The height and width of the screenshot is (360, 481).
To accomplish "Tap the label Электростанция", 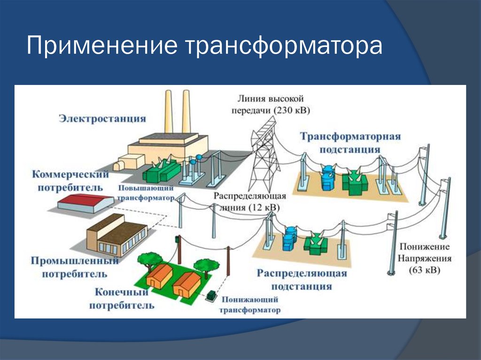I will [102, 118].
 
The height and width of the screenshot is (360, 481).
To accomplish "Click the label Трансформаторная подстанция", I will [350, 143].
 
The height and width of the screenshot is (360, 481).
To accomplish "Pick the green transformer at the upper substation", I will [356, 183].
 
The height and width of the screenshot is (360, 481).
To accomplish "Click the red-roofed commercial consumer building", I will [85, 203].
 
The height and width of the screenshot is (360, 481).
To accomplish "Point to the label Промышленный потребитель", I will [75, 267].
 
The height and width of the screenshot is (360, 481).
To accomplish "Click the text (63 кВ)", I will [425, 270].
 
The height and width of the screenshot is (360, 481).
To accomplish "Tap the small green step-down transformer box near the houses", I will [211, 296].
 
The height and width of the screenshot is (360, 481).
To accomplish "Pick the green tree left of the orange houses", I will [149, 260].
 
